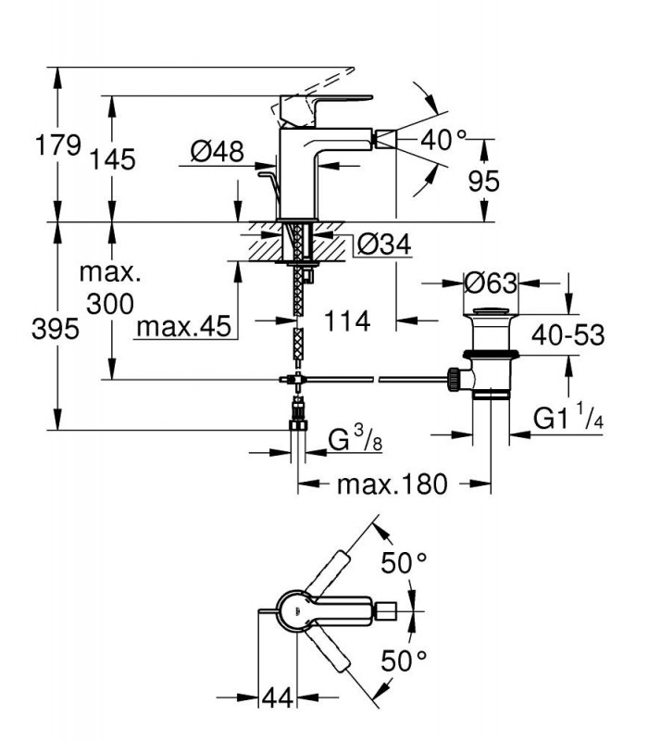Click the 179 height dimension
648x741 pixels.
coord(58,145)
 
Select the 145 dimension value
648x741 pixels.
coord(112,159)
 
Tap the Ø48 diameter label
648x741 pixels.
coord(218,152)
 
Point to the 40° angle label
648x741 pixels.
coord(443,140)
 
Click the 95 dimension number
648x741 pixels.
coord(483,181)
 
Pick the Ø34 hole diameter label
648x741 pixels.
coord(384,245)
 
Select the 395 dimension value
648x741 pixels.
coord(56,329)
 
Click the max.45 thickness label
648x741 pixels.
coord(183,326)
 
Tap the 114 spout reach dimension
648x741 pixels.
coord(347,321)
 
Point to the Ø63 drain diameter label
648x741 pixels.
coord(491,283)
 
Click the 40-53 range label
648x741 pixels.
coord(567,335)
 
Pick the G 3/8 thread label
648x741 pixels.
coord(355,440)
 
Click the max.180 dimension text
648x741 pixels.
coord(392,484)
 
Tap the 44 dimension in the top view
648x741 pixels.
coord(277,697)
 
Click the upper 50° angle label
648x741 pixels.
coord(404,562)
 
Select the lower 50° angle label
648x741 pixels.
coord(404,660)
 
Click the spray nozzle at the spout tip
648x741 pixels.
coord(386,140)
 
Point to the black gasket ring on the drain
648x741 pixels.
coord(492,354)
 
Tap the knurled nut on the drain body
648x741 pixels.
coord(454,379)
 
